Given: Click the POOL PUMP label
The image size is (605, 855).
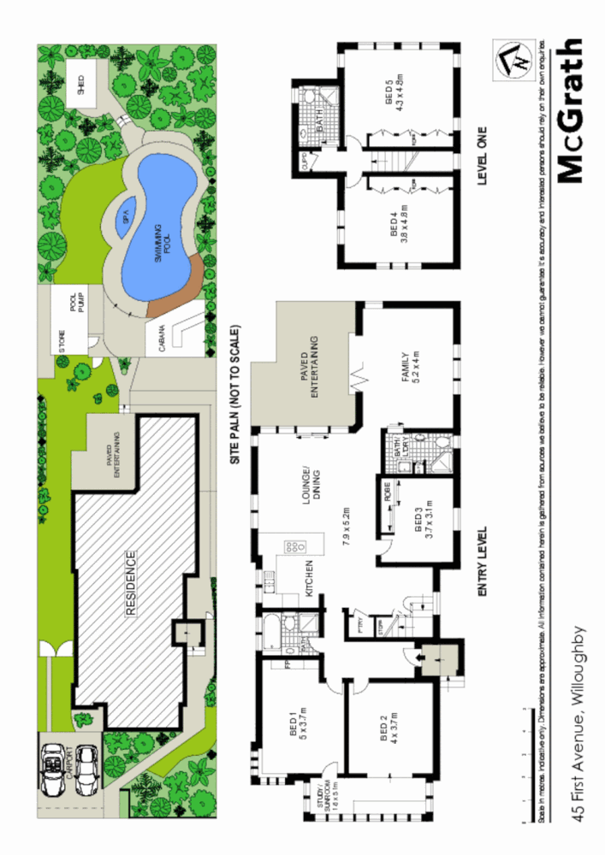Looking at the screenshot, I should pyautogui.click(x=79, y=304).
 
